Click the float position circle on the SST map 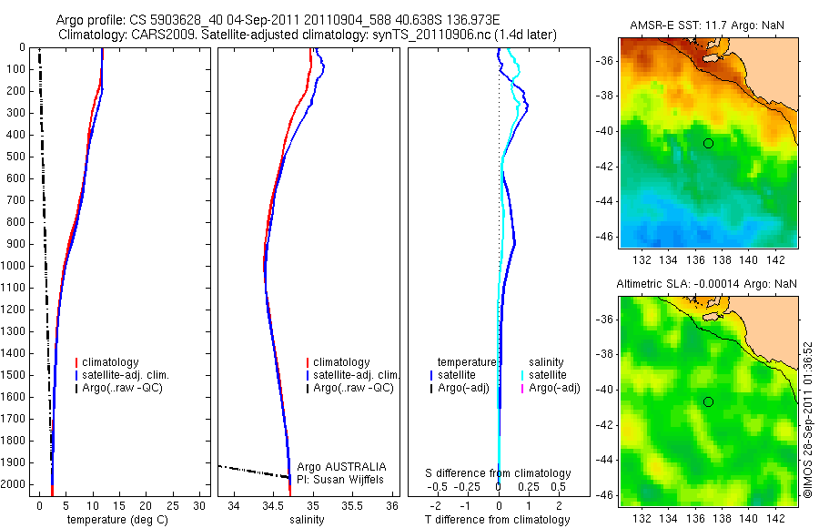coord(708,143)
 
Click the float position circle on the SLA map coord(708,401)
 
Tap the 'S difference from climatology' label coord(498,473)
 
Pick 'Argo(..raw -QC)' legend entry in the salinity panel coord(353,388)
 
